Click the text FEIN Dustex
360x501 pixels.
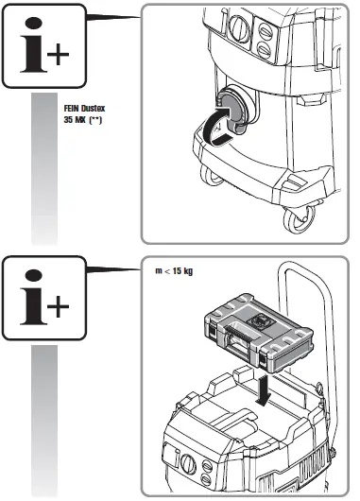82,111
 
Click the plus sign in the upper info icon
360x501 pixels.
60,53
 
